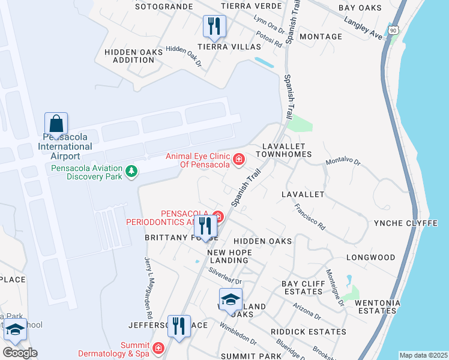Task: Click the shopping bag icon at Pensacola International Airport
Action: [x=56, y=124]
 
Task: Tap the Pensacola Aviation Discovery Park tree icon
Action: [x=131, y=172]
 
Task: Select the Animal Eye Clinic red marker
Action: [x=238, y=159]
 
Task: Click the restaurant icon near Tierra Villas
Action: [x=214, y=26]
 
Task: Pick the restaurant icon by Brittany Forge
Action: [x=205, y=226]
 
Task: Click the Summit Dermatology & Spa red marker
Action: [x=158, y=347]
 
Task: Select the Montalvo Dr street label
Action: [x=343, y=162]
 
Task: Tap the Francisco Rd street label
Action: [x=310, y=217]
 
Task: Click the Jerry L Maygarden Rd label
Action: [x=148, y=288]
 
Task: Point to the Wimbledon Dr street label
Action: [x=238, y=335]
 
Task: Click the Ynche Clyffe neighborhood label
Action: [x=406, y=223]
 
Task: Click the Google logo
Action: [x=20, y=353]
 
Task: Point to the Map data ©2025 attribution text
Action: [x=423, y=355]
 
